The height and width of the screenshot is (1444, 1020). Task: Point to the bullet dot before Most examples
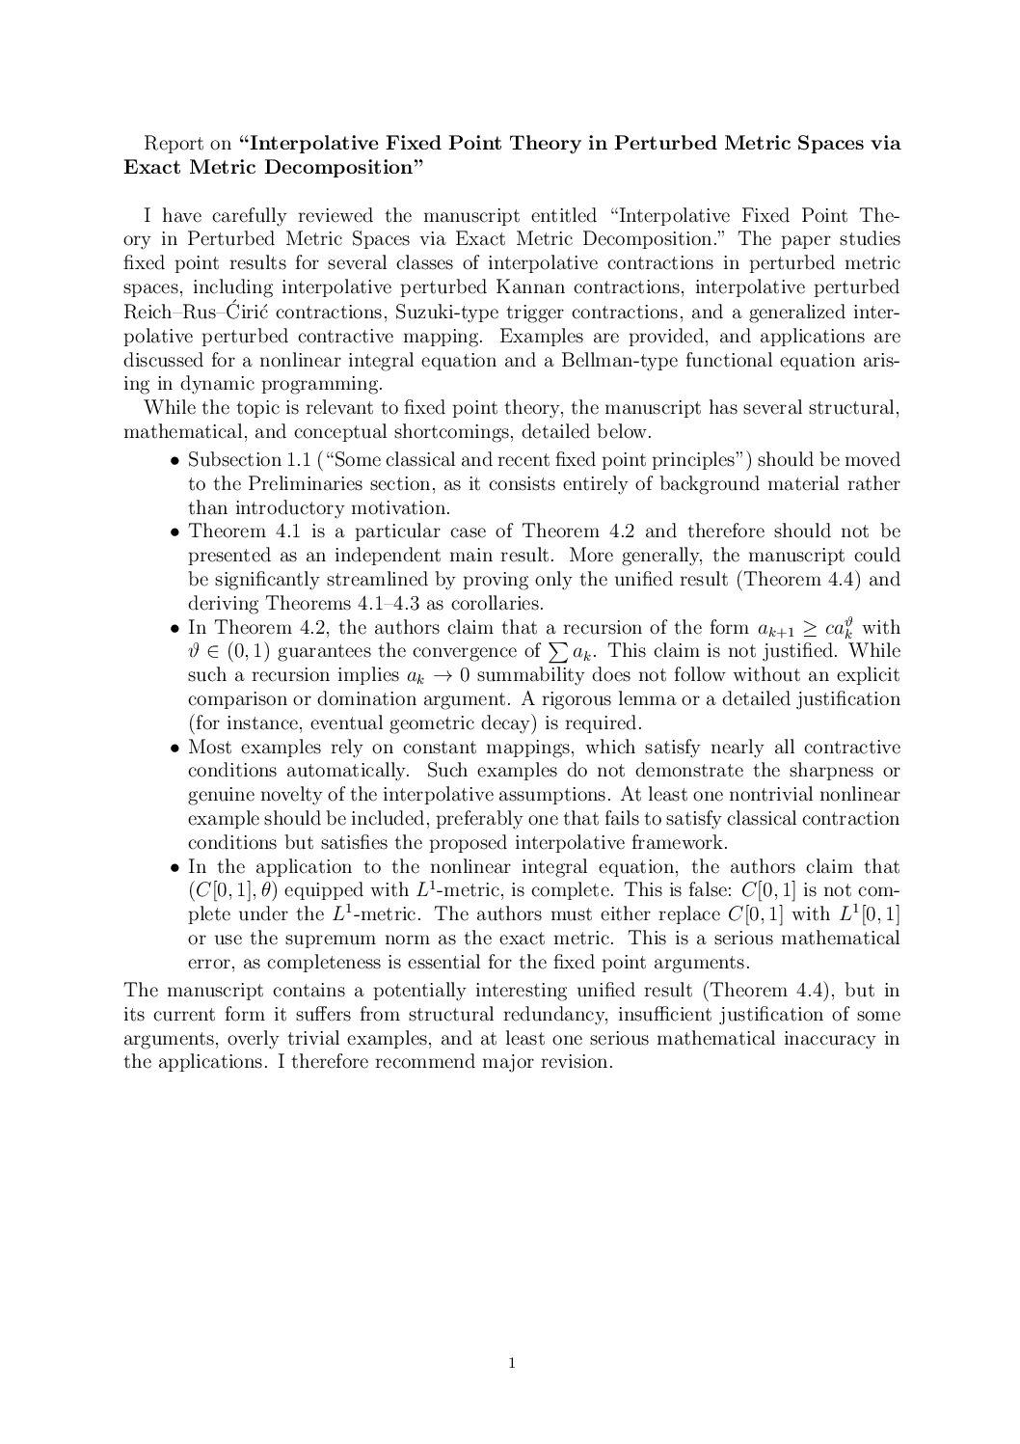[175, 748]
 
